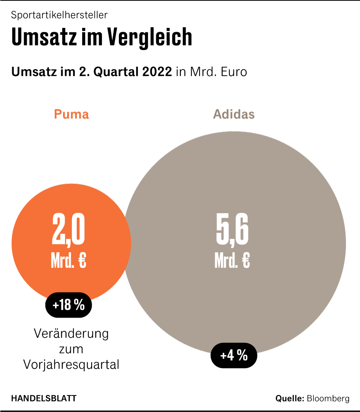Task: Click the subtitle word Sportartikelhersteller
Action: tap(59, 15)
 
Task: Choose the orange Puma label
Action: tap(71, 114)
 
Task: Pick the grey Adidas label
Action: tap(234, 114)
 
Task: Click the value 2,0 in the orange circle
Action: tap(68, 230)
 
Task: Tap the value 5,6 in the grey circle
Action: tap(232, 230)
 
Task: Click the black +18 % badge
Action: tap(68, 305)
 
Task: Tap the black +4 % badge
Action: tap(234, 356)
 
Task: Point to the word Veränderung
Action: tap(71, 333)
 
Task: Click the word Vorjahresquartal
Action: tap(71, 365)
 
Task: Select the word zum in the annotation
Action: tap(71, 349)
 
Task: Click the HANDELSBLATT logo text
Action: tap(44, 399)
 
